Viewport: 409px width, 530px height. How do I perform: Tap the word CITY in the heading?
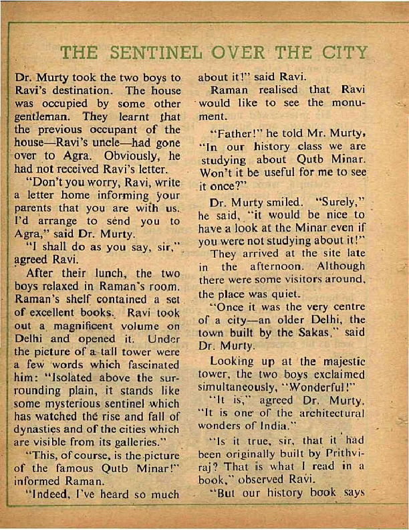344,52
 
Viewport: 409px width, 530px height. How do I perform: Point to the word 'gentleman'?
42,118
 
